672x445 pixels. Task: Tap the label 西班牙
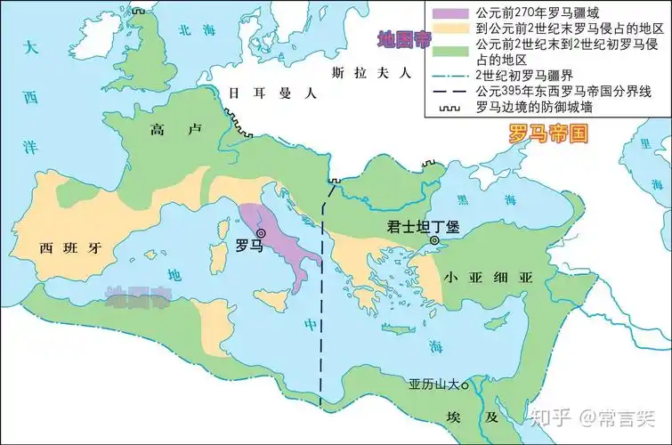66,248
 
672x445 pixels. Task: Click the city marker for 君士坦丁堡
433,240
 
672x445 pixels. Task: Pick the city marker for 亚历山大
465,385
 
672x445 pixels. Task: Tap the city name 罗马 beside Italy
248,247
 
